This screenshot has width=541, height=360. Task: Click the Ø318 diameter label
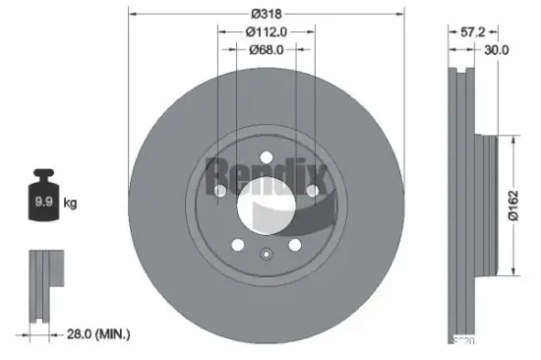coord(266,13)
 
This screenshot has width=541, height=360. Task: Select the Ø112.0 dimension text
coord(266,30)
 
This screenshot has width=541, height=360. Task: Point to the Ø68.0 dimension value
coord(266,49)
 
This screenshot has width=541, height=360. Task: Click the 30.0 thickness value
coord(497,49)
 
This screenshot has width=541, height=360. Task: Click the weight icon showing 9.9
coord(44,203)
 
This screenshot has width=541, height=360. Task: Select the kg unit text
coord(70,204)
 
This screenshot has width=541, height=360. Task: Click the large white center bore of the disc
coord(266,202)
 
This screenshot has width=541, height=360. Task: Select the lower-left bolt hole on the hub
coord(237,246)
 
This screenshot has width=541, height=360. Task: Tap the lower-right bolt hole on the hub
coord(294,246)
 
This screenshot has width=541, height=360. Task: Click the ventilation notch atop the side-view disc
coord(459,71)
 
